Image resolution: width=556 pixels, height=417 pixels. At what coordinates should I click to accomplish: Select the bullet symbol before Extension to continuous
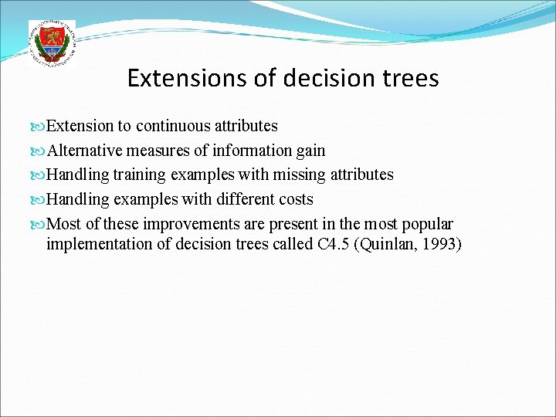pos(39,126)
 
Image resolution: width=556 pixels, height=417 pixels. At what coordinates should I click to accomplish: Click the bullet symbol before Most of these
pos(39,225)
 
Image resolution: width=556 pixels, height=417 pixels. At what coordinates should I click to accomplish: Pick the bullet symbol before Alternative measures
pos(39,151)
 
